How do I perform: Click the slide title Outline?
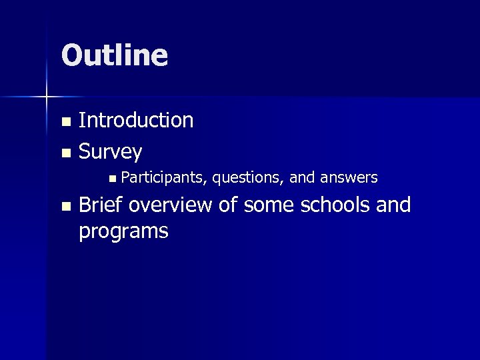tap(114, 55)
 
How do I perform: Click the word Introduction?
tap(136, 120)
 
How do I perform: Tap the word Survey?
tap(110, 153)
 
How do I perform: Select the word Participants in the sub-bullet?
tap(164, 177)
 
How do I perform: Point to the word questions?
tap(248, 177)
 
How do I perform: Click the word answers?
tap(349, 177)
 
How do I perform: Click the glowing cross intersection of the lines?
tap(47, 97)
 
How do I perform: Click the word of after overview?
tap(228, 205)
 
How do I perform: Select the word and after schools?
tap(393, 205)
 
